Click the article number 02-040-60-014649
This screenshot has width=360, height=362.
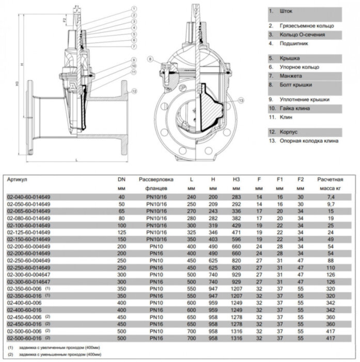pyautogui.click(x=28, y=197)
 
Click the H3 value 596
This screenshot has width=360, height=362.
pyautogui.click(x=236, y=240)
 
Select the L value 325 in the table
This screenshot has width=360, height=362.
pyautogui.click(x=192, y=233)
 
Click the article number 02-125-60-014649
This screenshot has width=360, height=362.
pyautogui.click(x=28, y=233)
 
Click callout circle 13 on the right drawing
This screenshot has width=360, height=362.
pyautogui.click(x=240, y=99)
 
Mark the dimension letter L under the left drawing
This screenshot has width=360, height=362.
pyautogui.click(x=77, y=161)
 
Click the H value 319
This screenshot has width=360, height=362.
pyautogui.click(x=213, y=225)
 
